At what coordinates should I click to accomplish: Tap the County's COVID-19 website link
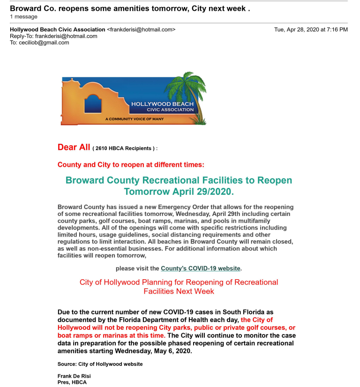click(201, 268)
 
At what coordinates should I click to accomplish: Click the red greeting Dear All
click(74, 147)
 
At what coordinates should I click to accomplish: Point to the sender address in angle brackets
click(141, 30)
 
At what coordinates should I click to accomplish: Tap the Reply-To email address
click(66, 36)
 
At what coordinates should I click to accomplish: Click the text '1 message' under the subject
click(23, 16)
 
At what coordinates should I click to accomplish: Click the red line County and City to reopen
click(131, 165)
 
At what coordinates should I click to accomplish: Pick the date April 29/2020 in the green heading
click(202, 192)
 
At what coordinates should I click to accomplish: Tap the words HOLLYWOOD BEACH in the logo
click(162, 104)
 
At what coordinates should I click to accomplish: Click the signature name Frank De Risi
click(74, 376)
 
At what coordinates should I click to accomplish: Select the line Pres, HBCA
click(72, 382)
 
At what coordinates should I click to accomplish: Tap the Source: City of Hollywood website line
click(100, 364)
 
